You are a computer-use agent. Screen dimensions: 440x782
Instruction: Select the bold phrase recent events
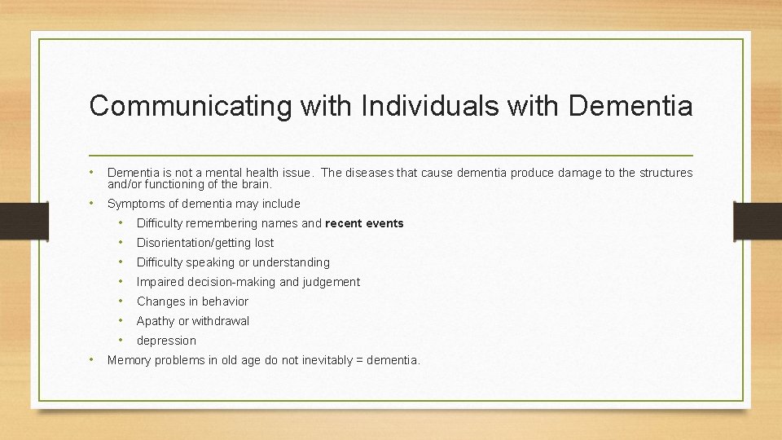point(364,223)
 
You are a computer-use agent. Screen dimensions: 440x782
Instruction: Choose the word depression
point(166,341)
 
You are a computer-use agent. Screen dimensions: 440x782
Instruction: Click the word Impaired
point(160,282)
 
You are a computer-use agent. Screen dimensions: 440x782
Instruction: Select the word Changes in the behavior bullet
point(161,301)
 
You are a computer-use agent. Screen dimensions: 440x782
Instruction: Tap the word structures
point(665,173)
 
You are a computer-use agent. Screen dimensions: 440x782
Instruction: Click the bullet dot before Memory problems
point(94,359)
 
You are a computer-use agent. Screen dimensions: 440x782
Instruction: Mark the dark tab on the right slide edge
point(757,221)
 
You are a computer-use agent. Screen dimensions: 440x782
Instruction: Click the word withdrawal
point(221,321)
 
